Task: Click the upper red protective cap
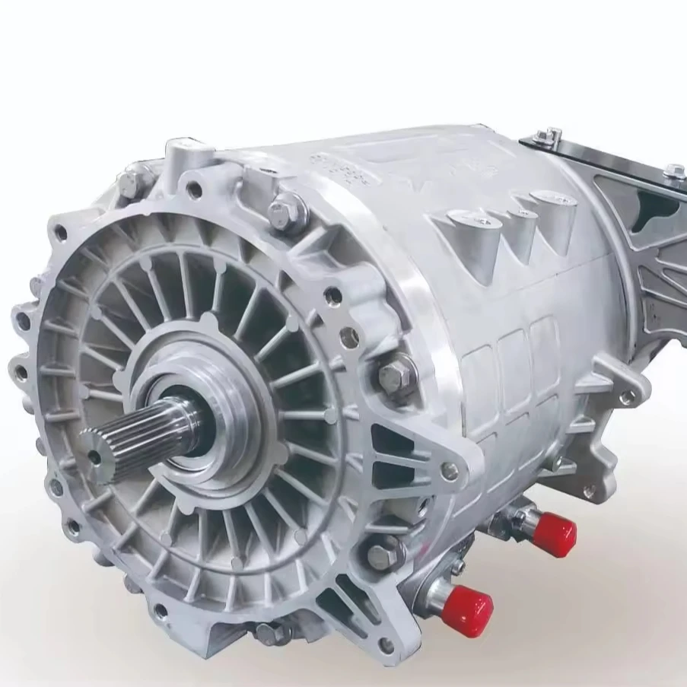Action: pos(553,533)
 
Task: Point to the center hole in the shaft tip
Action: pos(94,456)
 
